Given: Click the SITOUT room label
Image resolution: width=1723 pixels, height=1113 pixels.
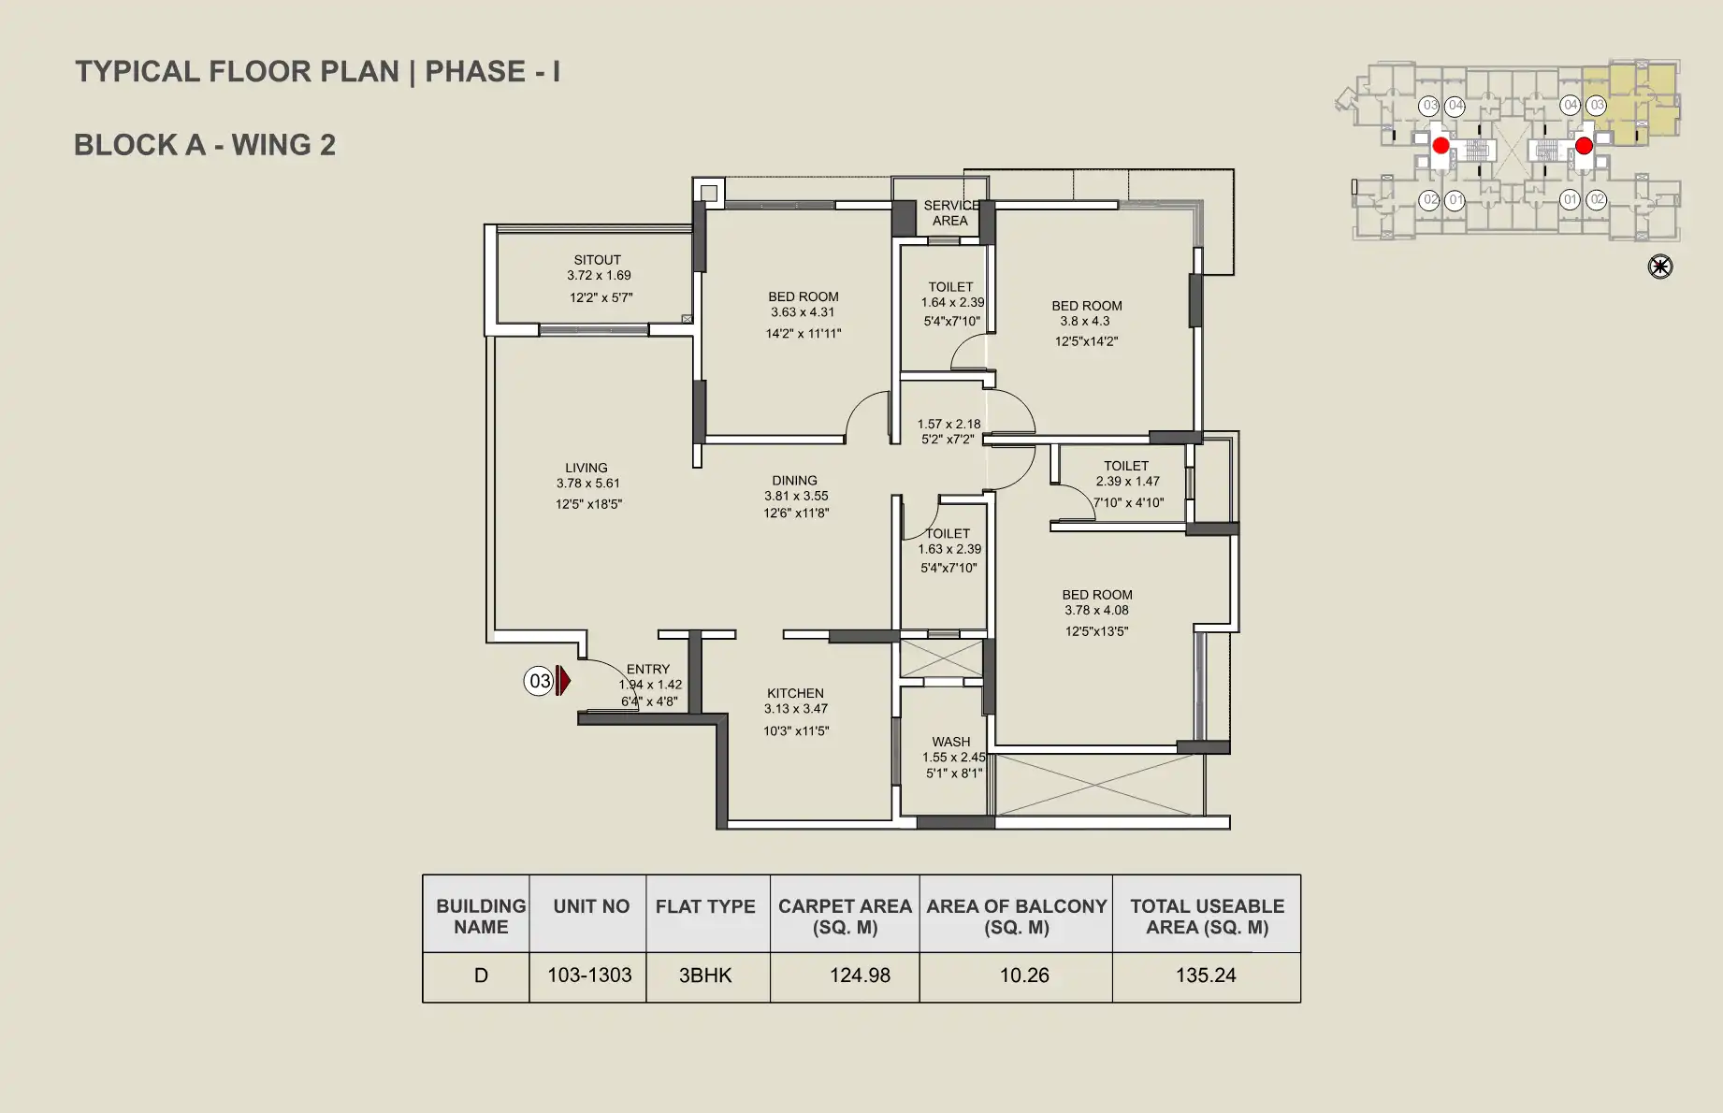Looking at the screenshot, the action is pyautogui.click(x=598, y=260).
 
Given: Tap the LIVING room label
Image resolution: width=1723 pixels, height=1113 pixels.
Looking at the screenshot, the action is pyautogui.click(x=586, y=468).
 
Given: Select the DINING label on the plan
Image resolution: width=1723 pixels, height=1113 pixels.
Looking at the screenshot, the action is pyautogui.click(x=795, y=481).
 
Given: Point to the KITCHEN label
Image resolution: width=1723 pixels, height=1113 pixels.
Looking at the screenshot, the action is pyautogui.click(x=796, y=693).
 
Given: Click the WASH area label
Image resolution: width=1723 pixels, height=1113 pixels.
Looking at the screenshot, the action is pyautogui.click(x=951, y=742).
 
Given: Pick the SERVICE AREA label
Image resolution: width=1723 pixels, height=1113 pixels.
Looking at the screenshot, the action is pyautogui.click(x=951, y=213).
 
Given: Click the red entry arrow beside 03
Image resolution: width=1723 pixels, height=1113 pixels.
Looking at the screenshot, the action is pyautogui.click(x=563, y=680).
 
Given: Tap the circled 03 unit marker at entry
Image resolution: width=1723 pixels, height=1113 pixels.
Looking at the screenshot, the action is pyautogui.click(x=539, y=681).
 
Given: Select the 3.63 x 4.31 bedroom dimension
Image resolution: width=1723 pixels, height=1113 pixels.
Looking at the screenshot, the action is pyautogui.click(x=803, y=312).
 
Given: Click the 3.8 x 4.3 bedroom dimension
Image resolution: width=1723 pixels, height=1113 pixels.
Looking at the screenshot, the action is pyautogui.click(x=1085, y=321).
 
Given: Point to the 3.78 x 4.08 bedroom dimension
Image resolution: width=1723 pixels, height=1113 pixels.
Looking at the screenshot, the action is pyautogui.click(x=1096, y=610).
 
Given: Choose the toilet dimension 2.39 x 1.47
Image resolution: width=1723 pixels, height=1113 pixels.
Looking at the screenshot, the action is pyautogui.click(x=1128, y=481).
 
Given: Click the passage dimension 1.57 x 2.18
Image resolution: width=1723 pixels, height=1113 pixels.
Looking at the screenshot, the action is pyautogui.click(x=949, y=424).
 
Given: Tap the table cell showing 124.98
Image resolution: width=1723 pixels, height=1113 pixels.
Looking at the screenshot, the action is pyautogui.click(x=860, y=976).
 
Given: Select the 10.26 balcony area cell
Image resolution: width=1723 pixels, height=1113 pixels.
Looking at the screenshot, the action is pyautogui.click(x=1024, y=976).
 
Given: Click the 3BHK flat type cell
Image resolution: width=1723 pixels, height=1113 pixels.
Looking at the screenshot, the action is pyautogui.click(x=705, y=976).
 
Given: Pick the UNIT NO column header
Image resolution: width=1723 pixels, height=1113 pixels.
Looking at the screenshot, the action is pyautogui.click(x=591, y=906).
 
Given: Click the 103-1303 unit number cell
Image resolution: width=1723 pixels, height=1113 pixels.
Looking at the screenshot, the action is pyautogui.click(x=589, y=976).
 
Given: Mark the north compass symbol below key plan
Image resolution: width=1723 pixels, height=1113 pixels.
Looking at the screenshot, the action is pyautogui.click(x=1660, y=267).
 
